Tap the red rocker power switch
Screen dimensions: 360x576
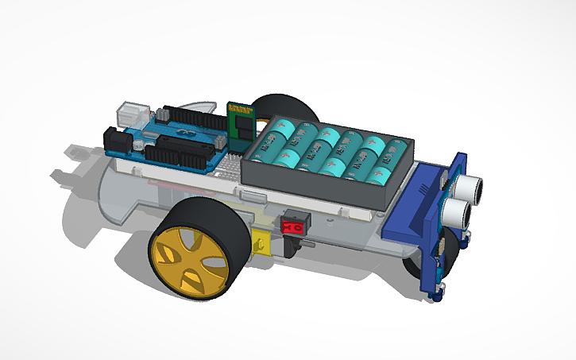[293, 225]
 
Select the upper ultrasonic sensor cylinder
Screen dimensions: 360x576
[472, 185]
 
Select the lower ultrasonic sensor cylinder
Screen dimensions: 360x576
[457, 211]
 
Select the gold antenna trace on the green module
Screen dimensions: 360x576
[239, 107]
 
